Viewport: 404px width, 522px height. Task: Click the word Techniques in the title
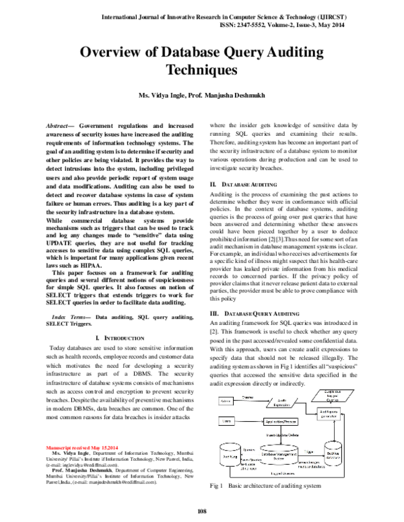[202, 70]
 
